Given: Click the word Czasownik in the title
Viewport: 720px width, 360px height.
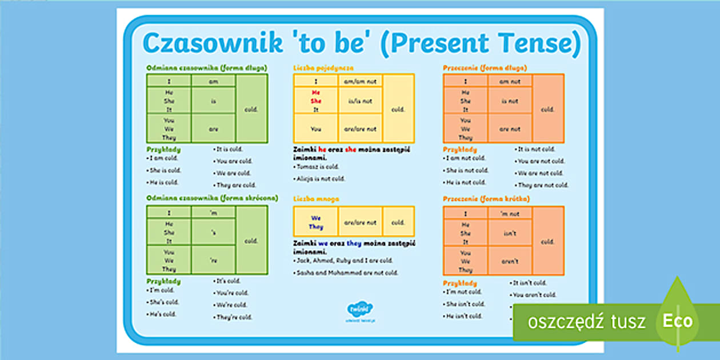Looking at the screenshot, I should coord(213,44).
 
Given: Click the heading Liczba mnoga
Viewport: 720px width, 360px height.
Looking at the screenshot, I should coord(316,199).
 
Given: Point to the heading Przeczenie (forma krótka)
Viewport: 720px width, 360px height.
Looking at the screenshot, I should coord(486,199).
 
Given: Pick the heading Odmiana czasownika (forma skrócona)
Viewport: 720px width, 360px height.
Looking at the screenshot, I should coord(212,198).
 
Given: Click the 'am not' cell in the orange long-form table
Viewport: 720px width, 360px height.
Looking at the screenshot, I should coord(510,81).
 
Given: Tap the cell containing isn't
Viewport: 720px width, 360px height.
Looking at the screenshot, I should coord(510,233).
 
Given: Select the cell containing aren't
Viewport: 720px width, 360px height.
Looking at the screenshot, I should coord(510,261).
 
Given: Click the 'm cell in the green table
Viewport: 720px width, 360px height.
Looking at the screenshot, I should coord(213,213).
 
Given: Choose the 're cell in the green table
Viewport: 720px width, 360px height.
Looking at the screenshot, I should coord(213,260).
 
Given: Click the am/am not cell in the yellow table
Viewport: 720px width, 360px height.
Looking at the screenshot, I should coord(360,81).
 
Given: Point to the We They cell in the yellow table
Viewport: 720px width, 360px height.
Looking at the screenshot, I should coord(316,222).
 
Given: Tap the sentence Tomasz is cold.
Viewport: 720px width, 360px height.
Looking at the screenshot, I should coord(318,167).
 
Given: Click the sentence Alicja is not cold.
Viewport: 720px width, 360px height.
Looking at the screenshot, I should coord(321,179).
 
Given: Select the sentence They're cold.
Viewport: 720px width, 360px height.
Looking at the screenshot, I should coord(234,317).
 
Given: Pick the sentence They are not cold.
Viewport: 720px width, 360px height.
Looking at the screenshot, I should coord(543,185).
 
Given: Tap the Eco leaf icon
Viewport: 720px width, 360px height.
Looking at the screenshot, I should coord(677,320).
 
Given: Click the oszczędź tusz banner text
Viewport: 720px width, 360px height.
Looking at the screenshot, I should coord(587,322).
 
